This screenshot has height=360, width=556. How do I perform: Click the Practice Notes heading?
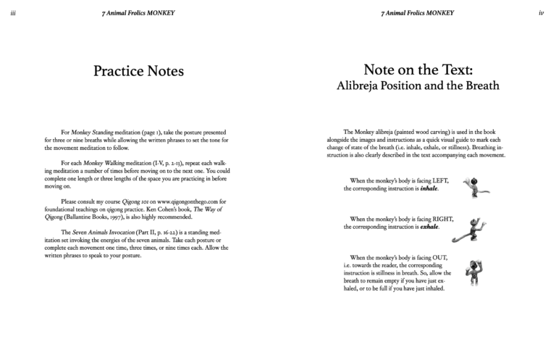[138, 71]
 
